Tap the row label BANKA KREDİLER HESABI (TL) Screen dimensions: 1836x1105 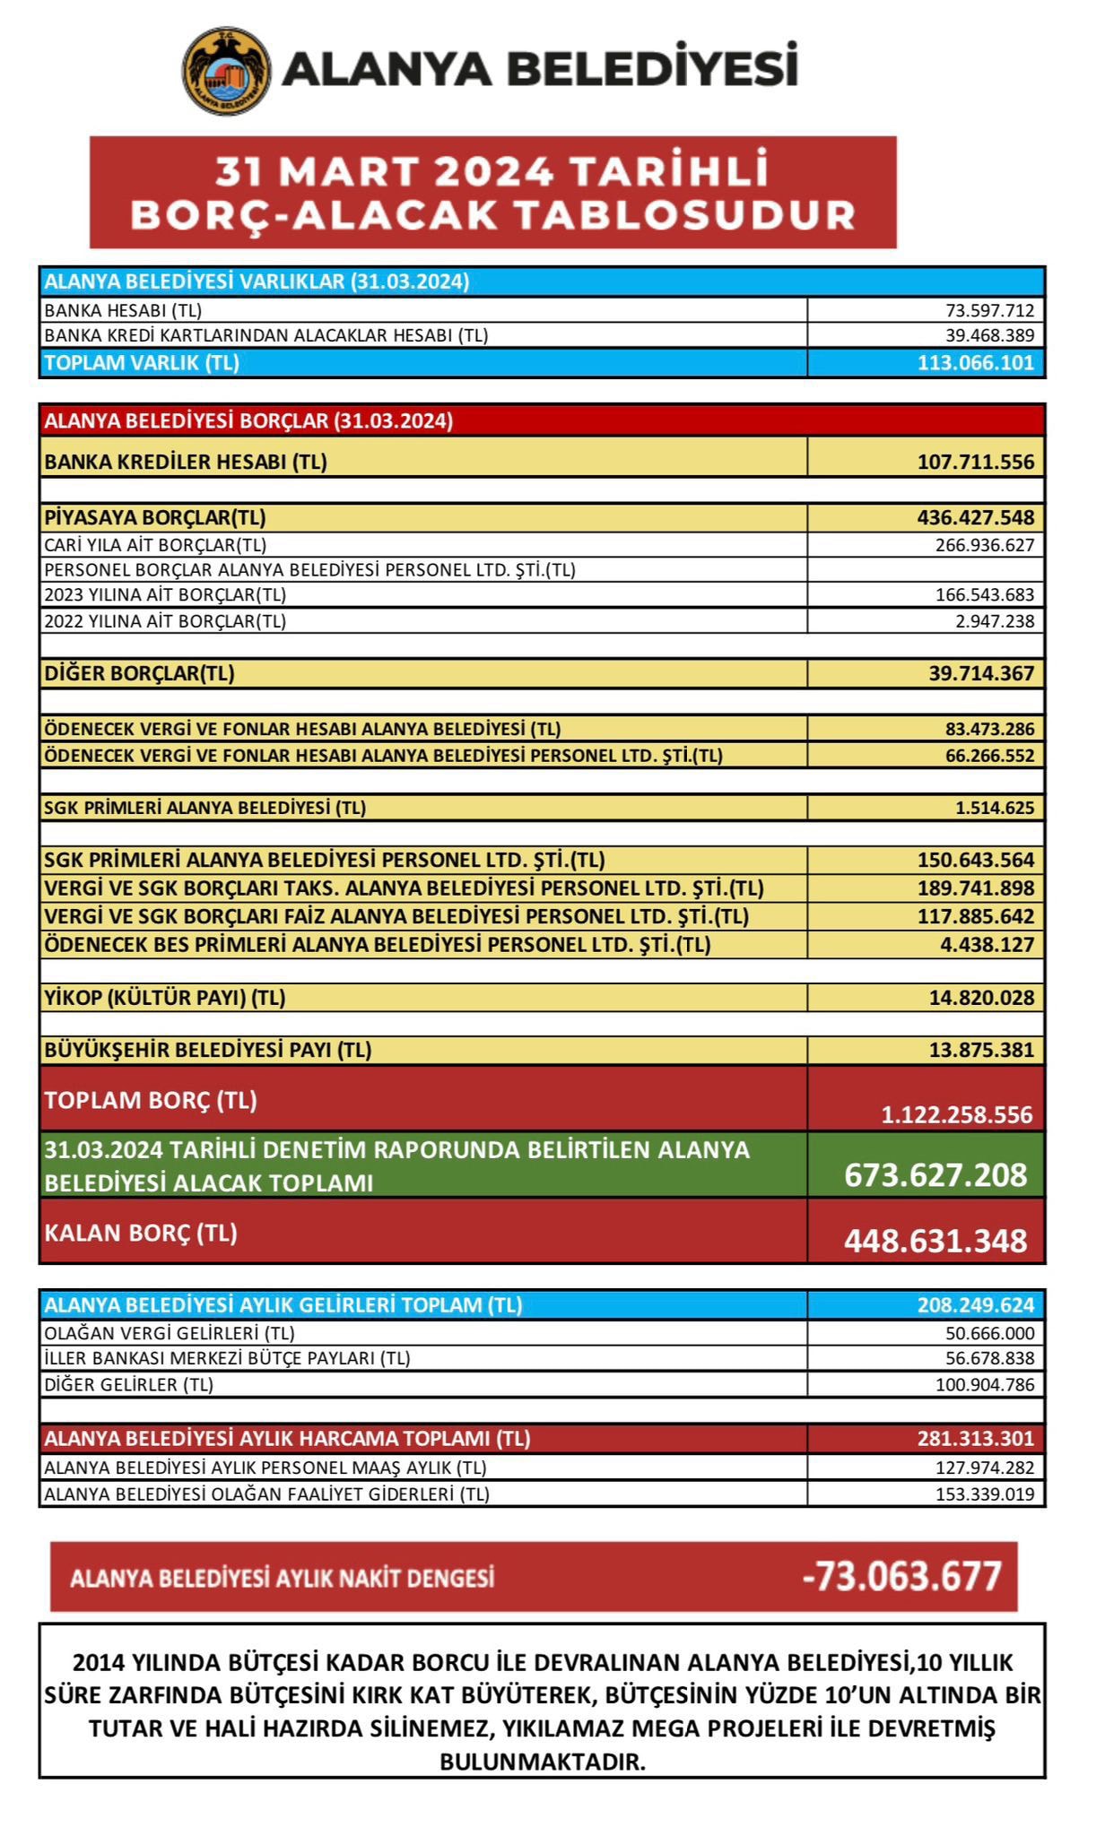pyautogui.click(x=186, y=463)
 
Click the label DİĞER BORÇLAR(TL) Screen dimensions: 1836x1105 pyautogui.click(x=139, y=673)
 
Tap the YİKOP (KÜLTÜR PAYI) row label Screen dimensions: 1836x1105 pyautogui.click(x=165, y=998)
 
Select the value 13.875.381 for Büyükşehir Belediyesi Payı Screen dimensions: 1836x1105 pyautogui.click(x=981, y=1050)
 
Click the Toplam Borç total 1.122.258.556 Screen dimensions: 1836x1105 pyautogui.click(x=956, y=1115)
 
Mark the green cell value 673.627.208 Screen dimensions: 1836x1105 pyautogui.click(x=935, y=1174)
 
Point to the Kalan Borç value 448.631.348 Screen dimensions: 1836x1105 pyautogui.click(x=935, y=1241)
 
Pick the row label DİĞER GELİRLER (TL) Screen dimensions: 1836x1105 pyautogui.click(x=129, y=1384)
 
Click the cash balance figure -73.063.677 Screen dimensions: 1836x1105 pyautogui.click(x=901, y=1576)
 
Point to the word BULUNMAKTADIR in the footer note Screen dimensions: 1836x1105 pyautogui.click(x=543, y=1762)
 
